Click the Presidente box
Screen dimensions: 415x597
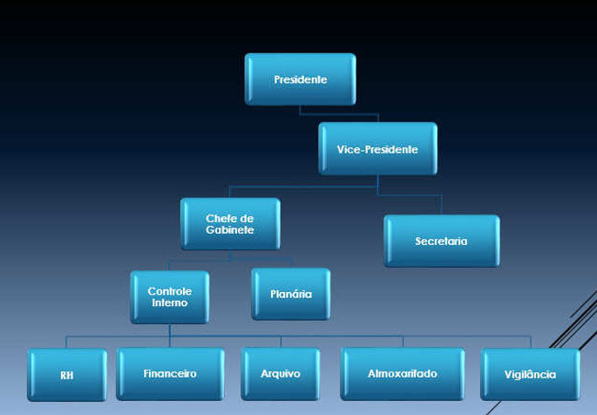(x=300, y=79)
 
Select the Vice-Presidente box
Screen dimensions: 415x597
(x=377, y=149)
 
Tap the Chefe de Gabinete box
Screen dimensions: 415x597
(x=230, y=223)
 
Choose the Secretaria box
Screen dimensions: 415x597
(x=442, y=241)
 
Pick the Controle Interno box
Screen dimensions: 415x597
(x=170, y=296)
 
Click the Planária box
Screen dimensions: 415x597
(x=290, y=294)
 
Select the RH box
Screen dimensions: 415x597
(x=67, y=375)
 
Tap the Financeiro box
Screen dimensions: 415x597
(x=170, y=374)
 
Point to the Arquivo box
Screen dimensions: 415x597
(x=281, y=374)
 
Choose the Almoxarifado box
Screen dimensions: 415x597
(x=403, y=374)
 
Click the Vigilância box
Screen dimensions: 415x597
(x=530, y=375)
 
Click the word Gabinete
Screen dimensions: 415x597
(x=230, y=230)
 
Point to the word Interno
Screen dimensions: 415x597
(x=170, y=303)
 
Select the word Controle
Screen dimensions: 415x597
(x=170, y=290)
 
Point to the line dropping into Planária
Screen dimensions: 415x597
(x=290, y=262)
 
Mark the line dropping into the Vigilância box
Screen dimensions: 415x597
(x=530, y=343)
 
